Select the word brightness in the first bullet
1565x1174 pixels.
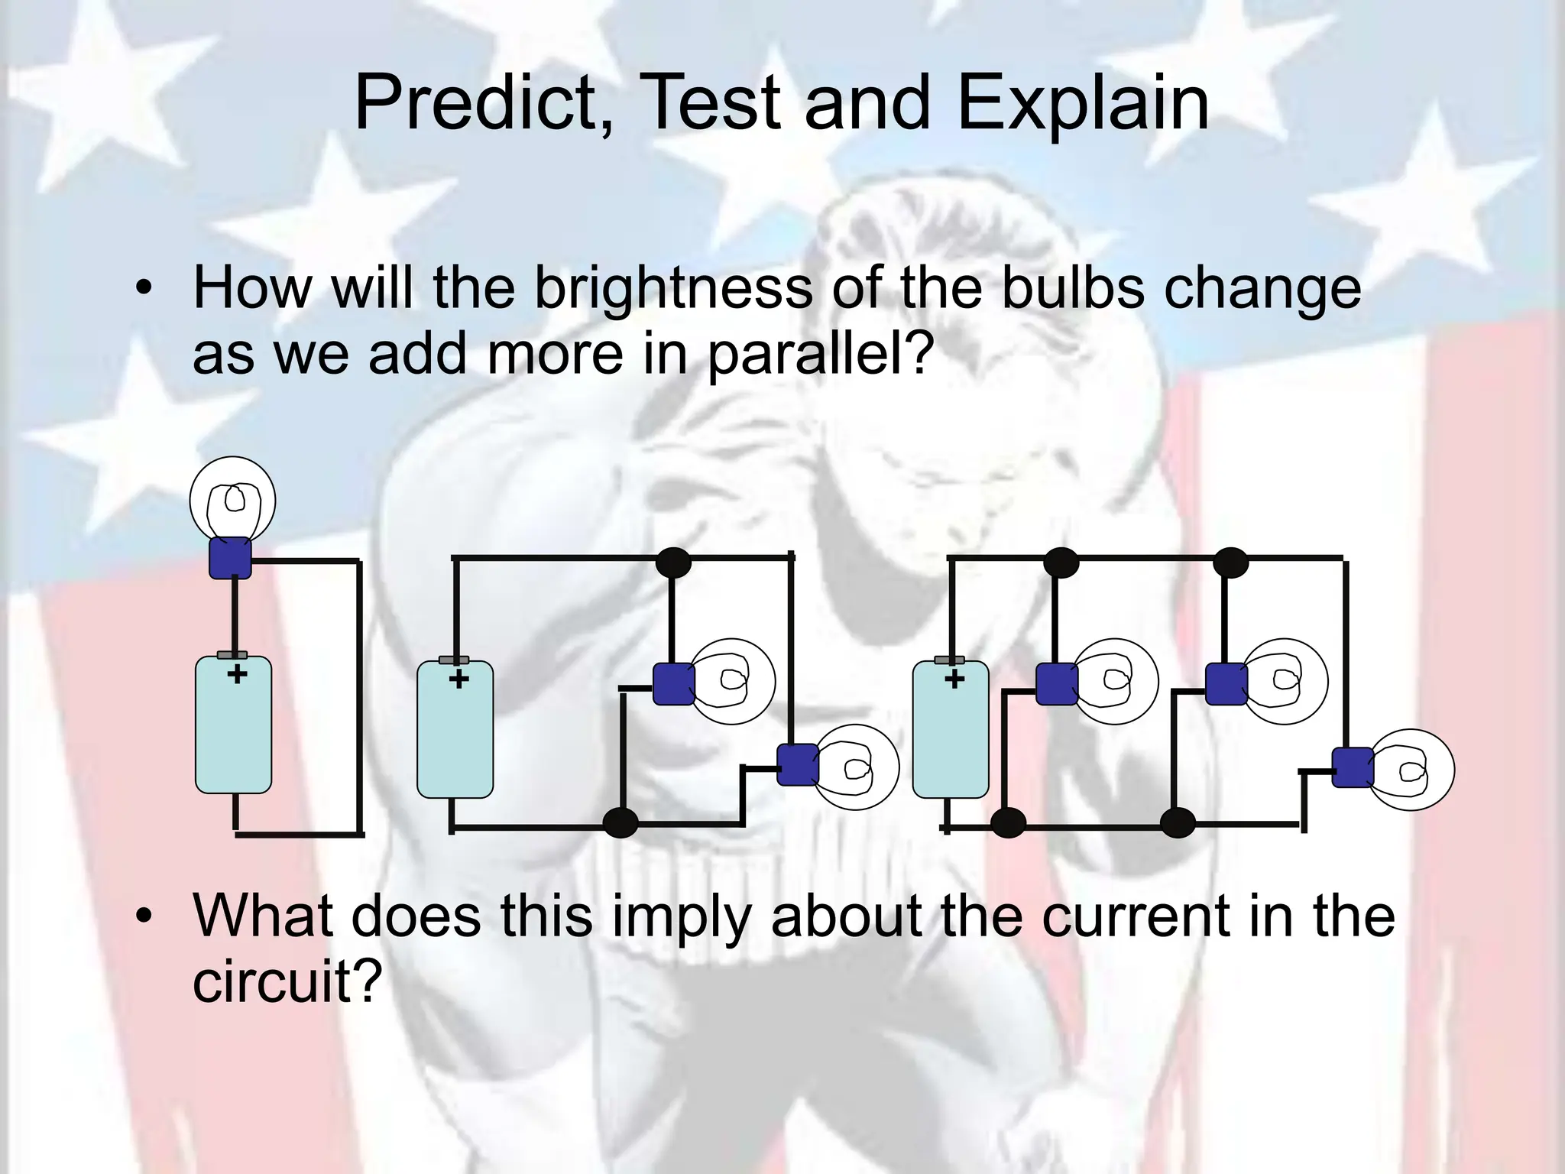click(672, 288)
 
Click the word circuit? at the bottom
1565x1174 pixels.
click(287, 981)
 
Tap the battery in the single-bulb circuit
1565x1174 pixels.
click(234, 725)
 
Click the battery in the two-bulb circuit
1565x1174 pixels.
click(455, 730)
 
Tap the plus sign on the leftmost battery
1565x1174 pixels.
click(237, 674)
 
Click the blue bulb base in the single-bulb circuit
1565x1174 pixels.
click(230, 557)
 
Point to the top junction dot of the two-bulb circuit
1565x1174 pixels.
click(673, 563)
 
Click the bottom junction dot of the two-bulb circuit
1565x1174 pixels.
click(620, 823)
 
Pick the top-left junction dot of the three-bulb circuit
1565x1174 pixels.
click(1061, 563)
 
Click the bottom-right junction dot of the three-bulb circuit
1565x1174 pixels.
click(1177, 822)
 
